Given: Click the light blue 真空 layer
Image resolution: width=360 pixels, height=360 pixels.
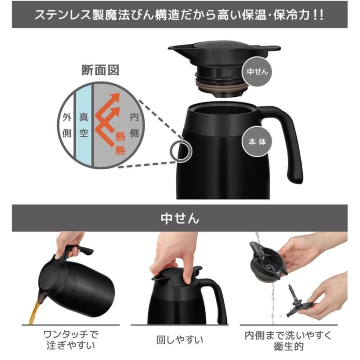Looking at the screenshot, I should click(84, 125).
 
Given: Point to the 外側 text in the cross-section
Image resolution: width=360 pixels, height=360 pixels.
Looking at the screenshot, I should click(67, 125).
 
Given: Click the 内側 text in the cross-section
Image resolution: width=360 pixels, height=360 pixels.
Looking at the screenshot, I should click(134, 125).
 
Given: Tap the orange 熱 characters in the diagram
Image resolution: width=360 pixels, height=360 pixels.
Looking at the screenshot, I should click(120, 144).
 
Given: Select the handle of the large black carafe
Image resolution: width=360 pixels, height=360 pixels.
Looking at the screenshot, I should click(288, 140).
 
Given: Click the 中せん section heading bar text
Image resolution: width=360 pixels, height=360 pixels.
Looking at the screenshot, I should click(180, 218).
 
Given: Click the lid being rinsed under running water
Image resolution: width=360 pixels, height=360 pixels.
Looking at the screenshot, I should click(266, 260).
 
